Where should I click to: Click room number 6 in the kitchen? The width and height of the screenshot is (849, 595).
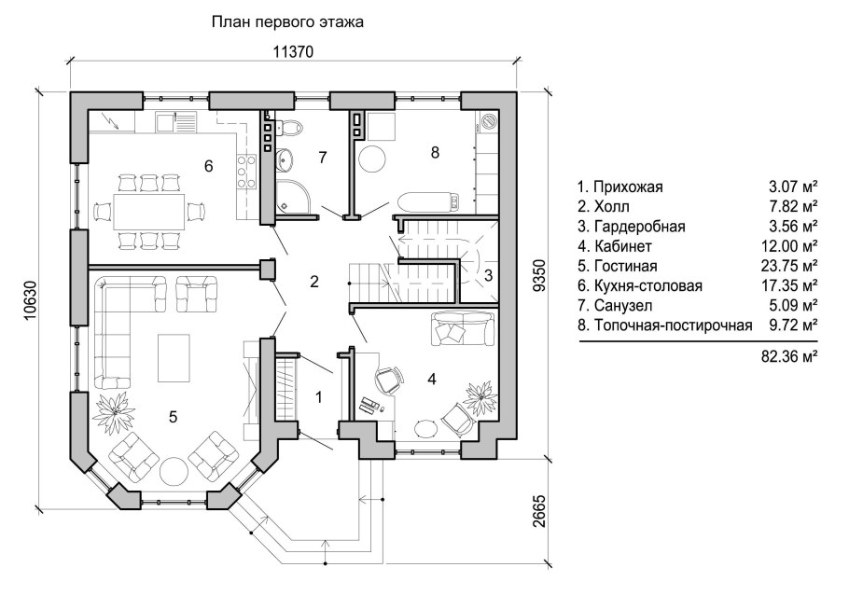click(x=209, y=166)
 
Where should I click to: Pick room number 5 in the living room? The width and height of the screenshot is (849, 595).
click(x=174, y=417)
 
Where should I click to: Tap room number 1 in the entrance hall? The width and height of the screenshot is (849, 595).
click(x=318, y=398)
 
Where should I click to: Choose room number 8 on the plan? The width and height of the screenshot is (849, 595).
click(x=435, y=153)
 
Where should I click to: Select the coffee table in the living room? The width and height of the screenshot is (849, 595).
click(x=174, y=357)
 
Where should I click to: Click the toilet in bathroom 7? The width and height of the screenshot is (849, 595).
click(x=288, y=128)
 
